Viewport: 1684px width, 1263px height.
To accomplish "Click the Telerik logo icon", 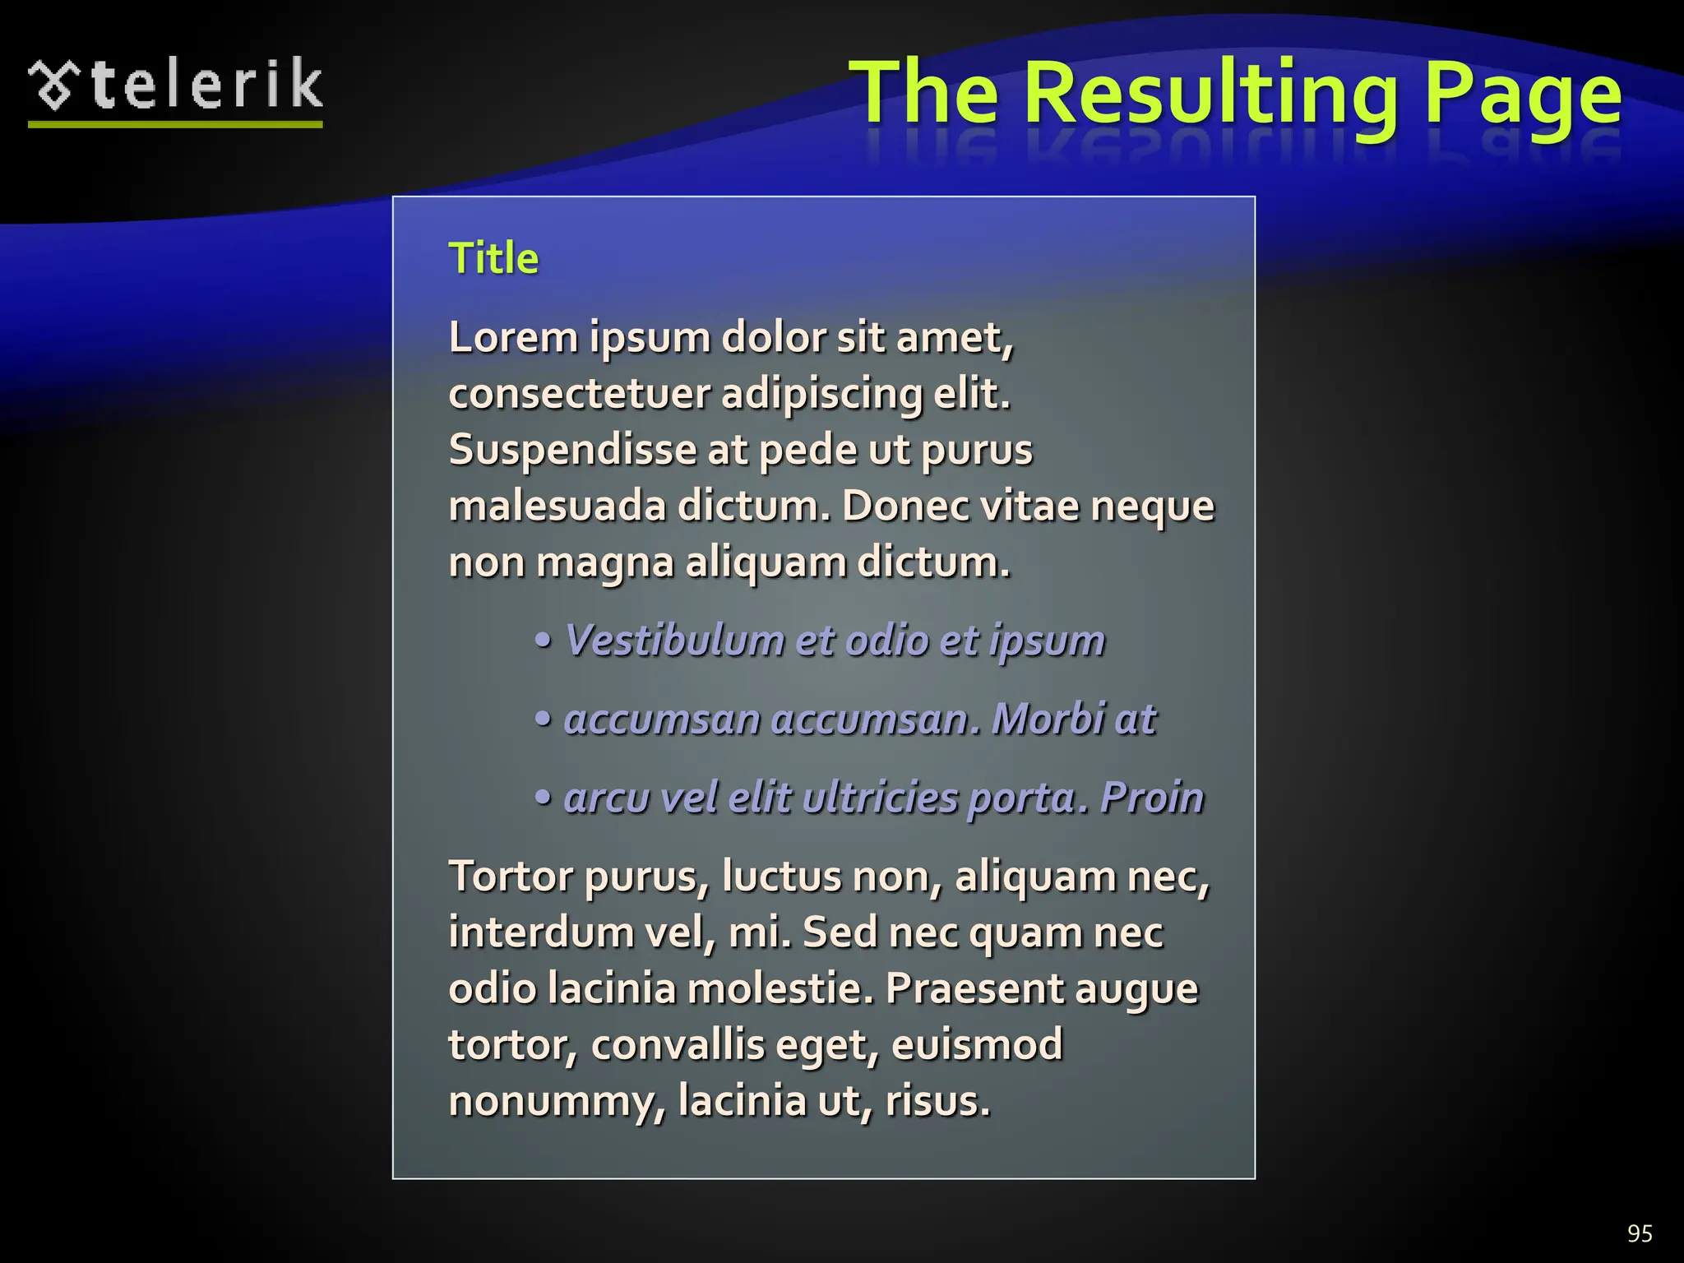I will coord(55,86).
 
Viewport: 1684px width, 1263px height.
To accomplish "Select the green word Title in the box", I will coord(493,258).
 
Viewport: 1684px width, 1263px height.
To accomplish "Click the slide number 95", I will coord(1640,1233).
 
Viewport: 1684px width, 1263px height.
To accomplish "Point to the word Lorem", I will coord(513,337).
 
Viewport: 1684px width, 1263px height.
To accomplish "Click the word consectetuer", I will coord(579,394).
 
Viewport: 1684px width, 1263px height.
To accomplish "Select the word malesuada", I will coord(557,506).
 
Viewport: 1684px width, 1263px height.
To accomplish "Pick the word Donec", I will coord(904,506).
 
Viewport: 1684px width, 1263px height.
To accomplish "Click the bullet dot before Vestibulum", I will coord(543,641).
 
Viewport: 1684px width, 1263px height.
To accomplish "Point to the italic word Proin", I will coord(1151,798).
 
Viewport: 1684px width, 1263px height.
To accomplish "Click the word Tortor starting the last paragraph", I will coord(511,877).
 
